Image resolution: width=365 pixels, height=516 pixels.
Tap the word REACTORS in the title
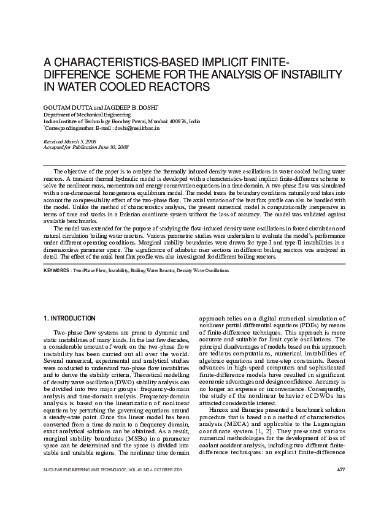(x=178, y=86)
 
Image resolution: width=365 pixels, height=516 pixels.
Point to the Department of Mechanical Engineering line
(x=86, y=114)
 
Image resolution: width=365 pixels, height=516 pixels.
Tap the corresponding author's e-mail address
(x=133, y=128)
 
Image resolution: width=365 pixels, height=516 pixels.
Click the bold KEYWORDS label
(x=55, y=270)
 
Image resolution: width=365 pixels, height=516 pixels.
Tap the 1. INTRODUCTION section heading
(x=69, y=319)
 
